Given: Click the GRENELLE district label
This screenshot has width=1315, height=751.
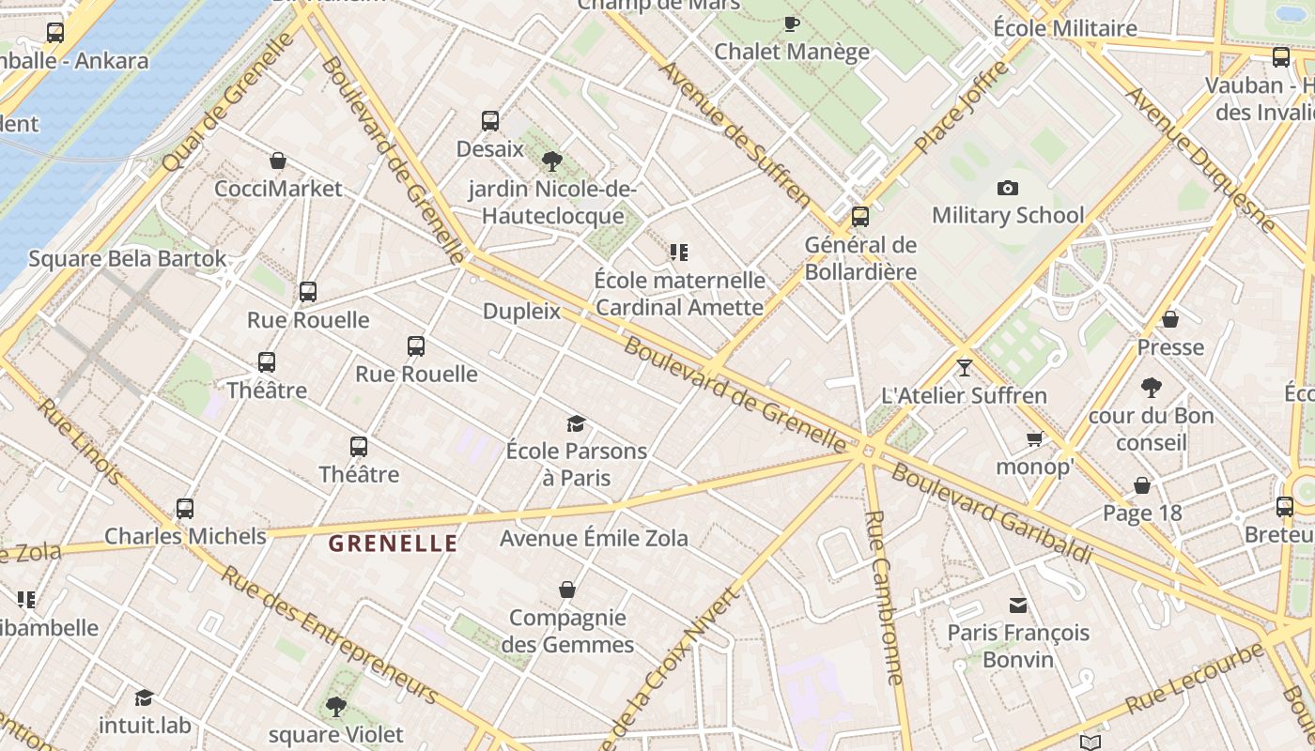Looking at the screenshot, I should coord(394,543).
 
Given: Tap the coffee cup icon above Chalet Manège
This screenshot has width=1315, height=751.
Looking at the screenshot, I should coord(792,23).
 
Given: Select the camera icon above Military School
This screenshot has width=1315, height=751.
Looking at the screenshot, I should coord(1008,188).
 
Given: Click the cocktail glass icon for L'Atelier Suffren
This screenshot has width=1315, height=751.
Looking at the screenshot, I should coord(964,367).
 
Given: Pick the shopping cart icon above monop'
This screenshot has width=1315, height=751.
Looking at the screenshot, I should coord(1034,439).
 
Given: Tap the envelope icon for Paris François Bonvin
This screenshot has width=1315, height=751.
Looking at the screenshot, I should coord(1018,605).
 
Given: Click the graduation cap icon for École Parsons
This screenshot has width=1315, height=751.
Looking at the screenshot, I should coord(576,423).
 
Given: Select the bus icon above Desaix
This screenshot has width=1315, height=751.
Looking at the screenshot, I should coord(490,121).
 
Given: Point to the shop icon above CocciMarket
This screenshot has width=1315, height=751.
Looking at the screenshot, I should coord(278,161).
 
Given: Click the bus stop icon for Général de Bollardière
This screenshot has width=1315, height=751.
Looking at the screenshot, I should coord(859,217).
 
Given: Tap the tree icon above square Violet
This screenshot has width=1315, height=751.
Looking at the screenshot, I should coord(335,706).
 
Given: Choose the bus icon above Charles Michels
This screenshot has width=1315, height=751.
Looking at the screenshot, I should coord(185,509).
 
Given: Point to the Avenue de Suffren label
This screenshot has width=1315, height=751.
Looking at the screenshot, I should coord(734,133).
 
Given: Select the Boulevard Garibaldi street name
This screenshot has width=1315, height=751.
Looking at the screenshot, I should coord(992,513).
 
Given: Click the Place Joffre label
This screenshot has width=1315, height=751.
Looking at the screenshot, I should coord(960,107).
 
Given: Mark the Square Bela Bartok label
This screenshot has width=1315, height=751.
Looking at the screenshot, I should coord(128,258).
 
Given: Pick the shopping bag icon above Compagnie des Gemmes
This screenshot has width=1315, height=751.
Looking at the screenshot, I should coord(567,590).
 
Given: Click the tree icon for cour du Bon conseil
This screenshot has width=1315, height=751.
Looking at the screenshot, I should coord(1151,387).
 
